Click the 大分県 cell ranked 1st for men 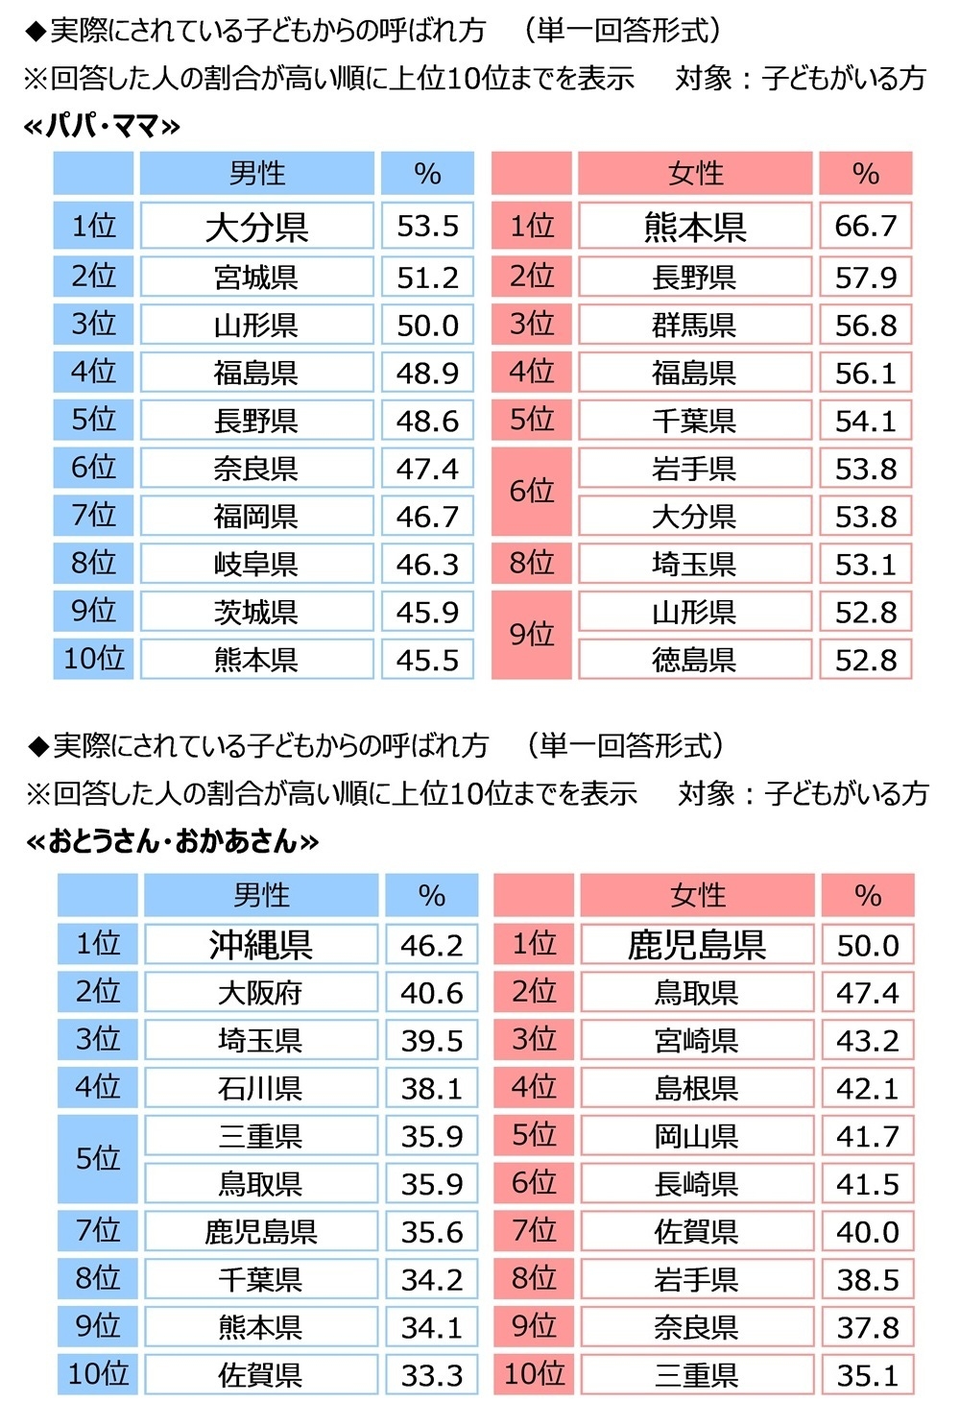[256, 227]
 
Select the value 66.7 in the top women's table [865, 227]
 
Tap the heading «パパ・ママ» [102, 126]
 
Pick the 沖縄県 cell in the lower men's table [260, 945]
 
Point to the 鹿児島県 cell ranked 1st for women [696, 945]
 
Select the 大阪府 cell [260, 993]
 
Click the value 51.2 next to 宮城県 [427, 277]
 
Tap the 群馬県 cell [694, 325]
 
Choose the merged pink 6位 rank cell [532, 492]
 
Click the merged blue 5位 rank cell [98, 1159]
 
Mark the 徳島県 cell [694, 660]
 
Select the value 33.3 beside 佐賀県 [431, 1375]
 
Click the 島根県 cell [696, 1088]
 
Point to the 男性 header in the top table [256, 174]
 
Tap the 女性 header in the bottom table [697, 895]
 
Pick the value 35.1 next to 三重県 [867, 1375]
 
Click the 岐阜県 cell [256, 564]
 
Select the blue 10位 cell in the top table [94, 660]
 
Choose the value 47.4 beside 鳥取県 [867, 993]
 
